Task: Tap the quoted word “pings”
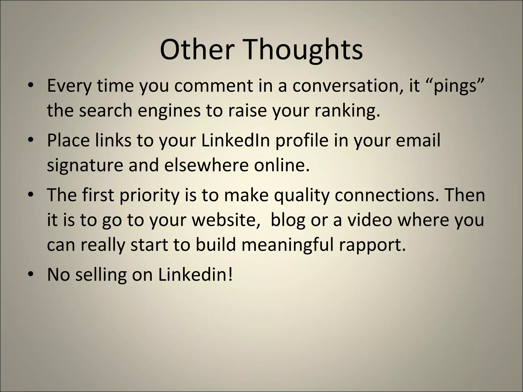click(455, 86)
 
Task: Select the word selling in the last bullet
click(101, 275)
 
